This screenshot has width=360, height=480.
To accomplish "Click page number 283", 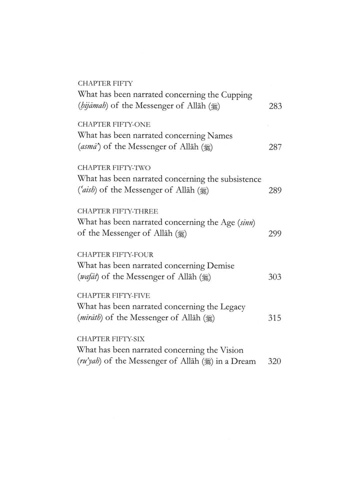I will [275, 106].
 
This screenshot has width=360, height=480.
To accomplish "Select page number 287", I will [275, 147].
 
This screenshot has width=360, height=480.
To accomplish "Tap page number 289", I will [275, 190].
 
